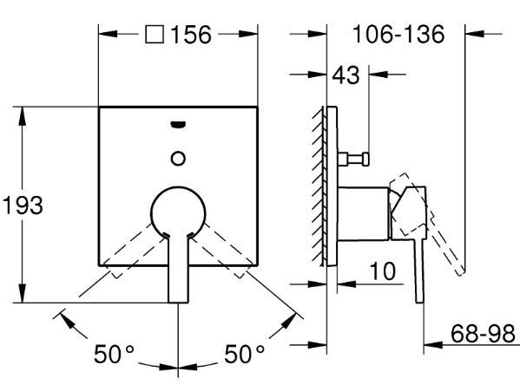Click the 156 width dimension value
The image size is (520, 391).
(x=191, y=35)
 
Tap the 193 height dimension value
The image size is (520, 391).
(x=23, y=205)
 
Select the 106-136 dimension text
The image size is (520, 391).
(x=398, y=34)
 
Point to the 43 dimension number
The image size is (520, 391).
(x=346, y=75)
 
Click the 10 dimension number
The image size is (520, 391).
(x=383, y=271)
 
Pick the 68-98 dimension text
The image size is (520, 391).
(x=483, y=334)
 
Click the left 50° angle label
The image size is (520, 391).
(x=114, y=354)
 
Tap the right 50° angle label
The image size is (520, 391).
(x=245, y=354)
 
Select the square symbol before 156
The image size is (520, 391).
(x=155, y=34)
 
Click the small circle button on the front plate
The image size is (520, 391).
(x=178, y=159)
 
